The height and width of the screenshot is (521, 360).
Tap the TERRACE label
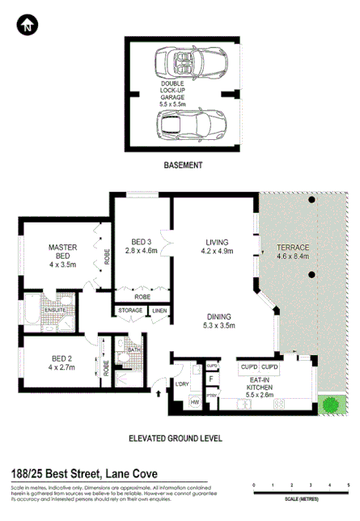[x=293, y=251]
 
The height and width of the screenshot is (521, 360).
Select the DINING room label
[x=219, y=321]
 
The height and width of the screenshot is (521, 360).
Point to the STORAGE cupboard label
[x=130, y=311]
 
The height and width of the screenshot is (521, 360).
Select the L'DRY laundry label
[x=181, y=383]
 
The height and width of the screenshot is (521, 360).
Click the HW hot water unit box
[x=194, y=401]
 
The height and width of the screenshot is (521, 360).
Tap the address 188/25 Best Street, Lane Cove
[x=78, y=473]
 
